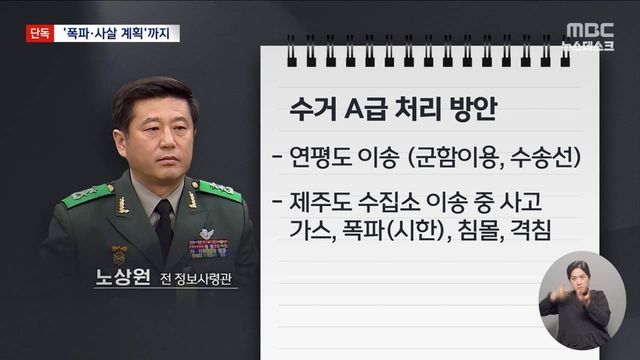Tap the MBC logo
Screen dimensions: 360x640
point(589,30)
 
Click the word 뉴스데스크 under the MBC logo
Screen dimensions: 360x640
point(589,46)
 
